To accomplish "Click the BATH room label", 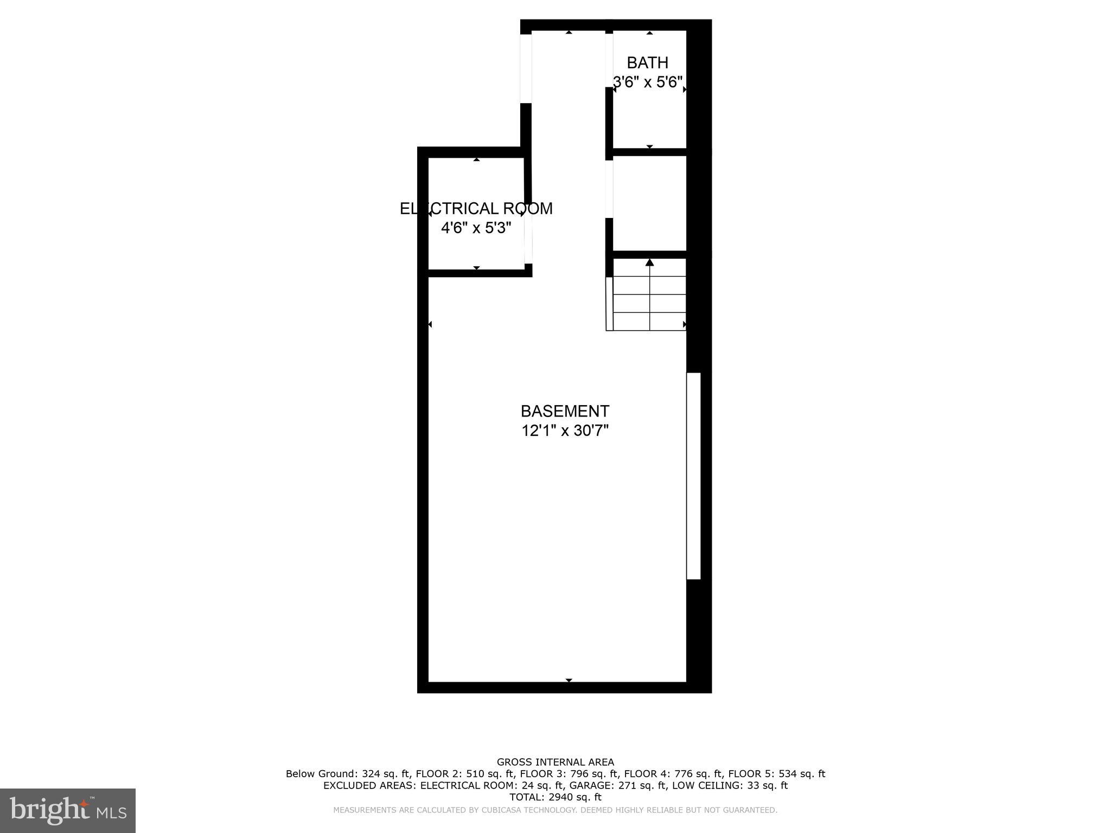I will click(x=647, y=63).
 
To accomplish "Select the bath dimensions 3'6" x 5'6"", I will click(x=647, y=82).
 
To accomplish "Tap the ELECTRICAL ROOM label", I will click(x=476, y=209).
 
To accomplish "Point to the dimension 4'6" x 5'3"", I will click(x=476, y=228).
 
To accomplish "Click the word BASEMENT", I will click(x=565, y=411).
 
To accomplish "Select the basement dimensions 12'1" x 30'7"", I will click(x=565, y=431).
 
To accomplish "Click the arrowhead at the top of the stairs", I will click(x=649, y=263).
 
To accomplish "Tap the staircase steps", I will click(x=649, y=304).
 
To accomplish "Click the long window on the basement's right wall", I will click(x=693, y=476).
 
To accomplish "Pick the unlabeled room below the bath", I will click(x=649, y=203).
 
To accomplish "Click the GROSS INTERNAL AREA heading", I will click(x=555, y=762).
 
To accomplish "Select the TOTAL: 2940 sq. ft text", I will click(x=555, y=797).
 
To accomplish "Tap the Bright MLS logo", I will click(x=68, y=810).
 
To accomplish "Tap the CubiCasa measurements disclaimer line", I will click(x=555, y=810).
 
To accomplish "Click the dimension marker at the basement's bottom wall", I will click(x=569, y=680).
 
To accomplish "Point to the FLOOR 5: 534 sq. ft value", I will click(x=776, y=774).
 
